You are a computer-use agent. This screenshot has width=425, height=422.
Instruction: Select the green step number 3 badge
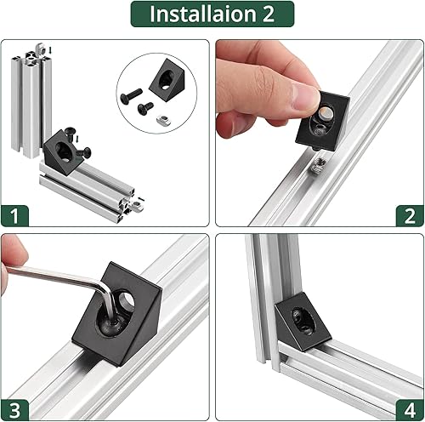(x=15, y=407)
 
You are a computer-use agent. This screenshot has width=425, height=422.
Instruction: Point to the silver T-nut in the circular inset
(x=145, y=108)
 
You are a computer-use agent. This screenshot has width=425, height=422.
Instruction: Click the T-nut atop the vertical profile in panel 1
(x=31, y=52)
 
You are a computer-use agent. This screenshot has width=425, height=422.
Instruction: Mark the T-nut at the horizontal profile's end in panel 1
(x=134, y=203)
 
